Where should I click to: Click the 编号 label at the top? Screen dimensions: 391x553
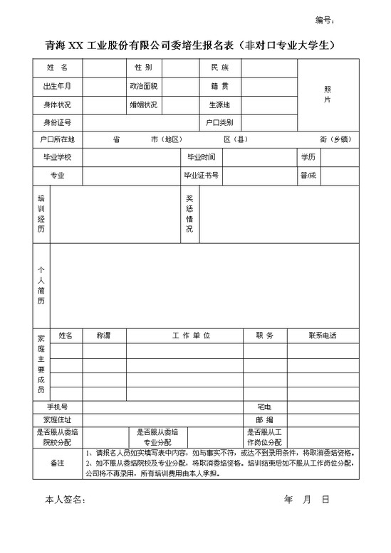pos(324,20)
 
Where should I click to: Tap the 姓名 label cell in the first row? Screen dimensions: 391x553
pos(57,68)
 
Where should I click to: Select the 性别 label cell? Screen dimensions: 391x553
pos(143,68)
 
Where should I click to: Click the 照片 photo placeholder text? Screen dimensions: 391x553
pos(328,95)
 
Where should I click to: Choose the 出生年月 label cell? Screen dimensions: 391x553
pos(57,86)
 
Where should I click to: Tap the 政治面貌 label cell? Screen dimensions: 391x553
pos(143,86)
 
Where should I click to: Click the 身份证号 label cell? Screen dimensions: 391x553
pos(57,122)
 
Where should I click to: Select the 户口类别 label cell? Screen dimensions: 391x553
pos(219,122)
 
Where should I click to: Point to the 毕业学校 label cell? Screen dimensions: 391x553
pos(57,156)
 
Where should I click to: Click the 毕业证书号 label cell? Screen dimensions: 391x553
pos(202,175)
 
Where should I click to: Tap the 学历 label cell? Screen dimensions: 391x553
pos(308,156)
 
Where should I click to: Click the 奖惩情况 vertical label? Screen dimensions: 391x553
pos(189,214)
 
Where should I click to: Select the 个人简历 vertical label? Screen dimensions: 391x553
pos(41,285)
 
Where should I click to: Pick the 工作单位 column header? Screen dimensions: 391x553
pos(191,335)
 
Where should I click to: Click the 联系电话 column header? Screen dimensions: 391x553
pos(322,335)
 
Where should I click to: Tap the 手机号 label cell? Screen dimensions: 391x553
pos(57,407)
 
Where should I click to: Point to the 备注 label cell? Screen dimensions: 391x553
pos(57,463)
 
